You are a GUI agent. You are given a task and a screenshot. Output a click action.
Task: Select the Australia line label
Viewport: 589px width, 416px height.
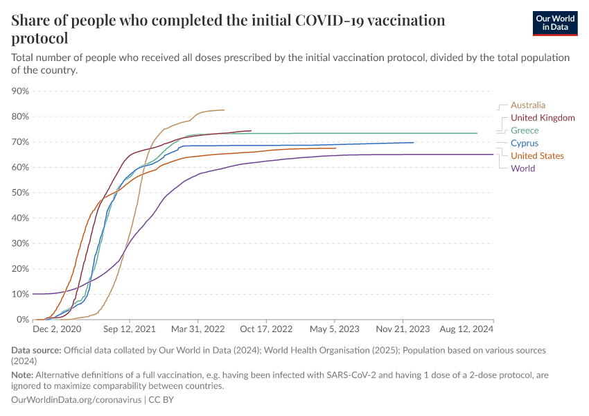click(528, 105)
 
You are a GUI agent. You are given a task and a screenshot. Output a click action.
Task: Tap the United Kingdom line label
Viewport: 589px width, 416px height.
click(543, 118)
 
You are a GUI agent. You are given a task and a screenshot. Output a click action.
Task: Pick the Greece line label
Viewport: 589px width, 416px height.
click(525, 130)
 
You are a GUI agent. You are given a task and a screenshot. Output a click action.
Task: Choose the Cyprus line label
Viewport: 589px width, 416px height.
click(525, 144)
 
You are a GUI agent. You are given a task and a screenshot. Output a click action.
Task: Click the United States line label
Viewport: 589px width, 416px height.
click(537, 156)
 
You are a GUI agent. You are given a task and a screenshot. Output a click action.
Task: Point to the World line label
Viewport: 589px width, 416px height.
click(522, 168)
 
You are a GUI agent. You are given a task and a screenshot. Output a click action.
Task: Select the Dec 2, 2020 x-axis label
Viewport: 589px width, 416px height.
click(58, 329)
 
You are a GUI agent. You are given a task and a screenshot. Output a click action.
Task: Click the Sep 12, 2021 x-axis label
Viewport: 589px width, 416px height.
click(130, 329)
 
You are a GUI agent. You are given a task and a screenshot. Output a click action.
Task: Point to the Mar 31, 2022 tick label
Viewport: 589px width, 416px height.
click(199, 329)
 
